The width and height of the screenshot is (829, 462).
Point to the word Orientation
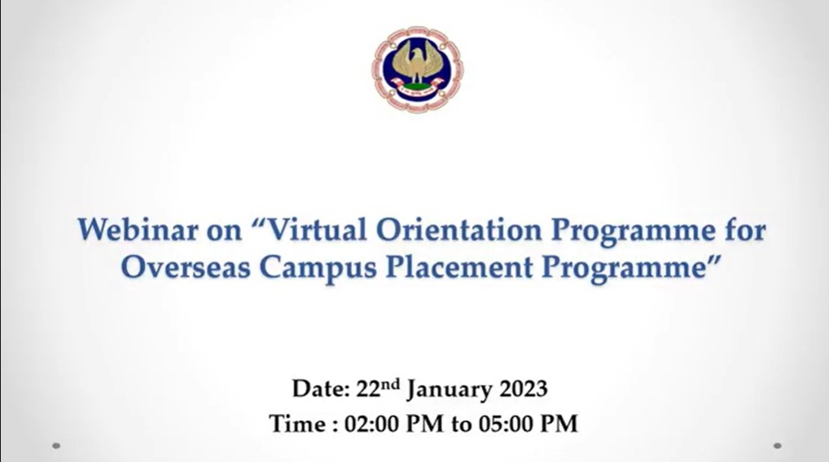459,230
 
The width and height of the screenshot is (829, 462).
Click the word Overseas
186,267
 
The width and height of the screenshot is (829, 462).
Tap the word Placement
459,267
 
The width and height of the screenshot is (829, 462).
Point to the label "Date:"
321,389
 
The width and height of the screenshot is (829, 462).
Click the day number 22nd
378,388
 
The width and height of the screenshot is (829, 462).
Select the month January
450,390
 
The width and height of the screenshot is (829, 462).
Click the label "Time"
298,424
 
